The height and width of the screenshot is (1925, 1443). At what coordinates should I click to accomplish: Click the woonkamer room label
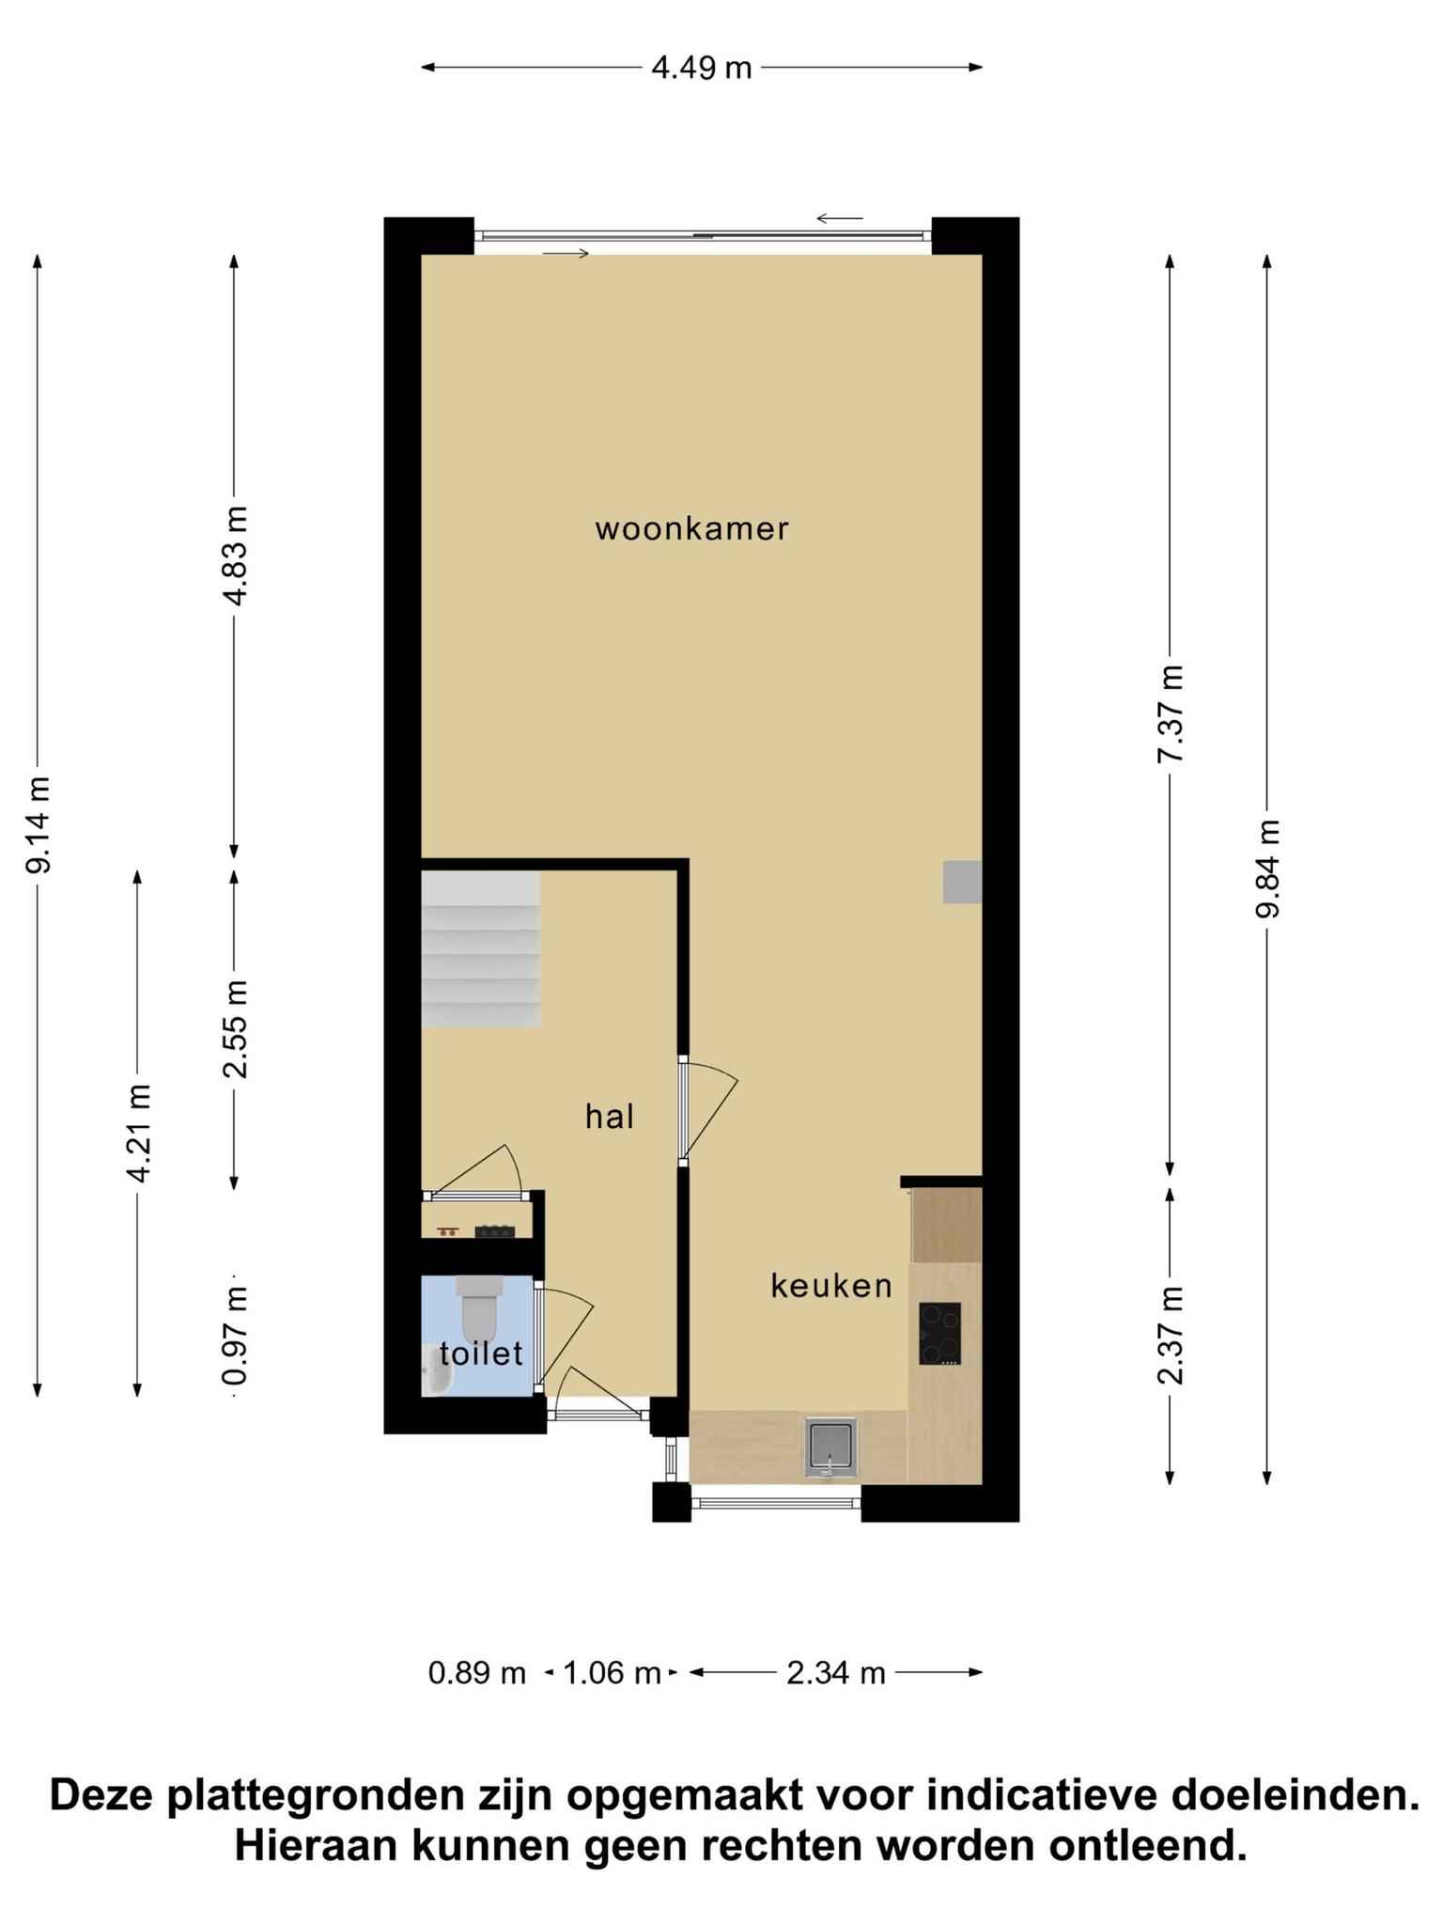tap(691, 529)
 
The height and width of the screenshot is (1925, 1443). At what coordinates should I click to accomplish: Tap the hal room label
tap(610, 1117)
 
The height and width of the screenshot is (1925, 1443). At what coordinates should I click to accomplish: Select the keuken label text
tap(831, 1285)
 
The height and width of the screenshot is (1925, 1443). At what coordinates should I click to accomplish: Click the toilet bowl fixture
tap(478, 1303)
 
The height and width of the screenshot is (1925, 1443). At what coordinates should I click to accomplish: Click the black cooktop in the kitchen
tap(939, 1333)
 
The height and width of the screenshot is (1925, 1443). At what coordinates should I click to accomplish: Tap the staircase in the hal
tap(480, 948)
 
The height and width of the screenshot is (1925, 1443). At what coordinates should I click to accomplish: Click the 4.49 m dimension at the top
tap(702, 68)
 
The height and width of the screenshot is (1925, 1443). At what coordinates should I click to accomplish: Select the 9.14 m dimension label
tap(39, 824)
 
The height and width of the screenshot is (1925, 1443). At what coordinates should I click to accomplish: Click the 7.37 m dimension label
tap(1171, 714)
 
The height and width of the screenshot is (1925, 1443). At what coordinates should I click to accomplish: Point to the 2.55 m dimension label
tap(235, 1028)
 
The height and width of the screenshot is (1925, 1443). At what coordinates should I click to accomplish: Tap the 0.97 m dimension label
tap(235, 1335)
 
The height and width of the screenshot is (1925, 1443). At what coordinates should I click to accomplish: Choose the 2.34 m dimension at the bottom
tap(836, 1673)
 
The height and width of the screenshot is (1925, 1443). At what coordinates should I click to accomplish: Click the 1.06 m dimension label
tap(612, 1673)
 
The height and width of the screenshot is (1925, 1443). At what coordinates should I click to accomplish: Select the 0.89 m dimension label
tap(477, 1673)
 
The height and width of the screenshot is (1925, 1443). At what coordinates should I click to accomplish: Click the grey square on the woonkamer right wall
tap(963, 882)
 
